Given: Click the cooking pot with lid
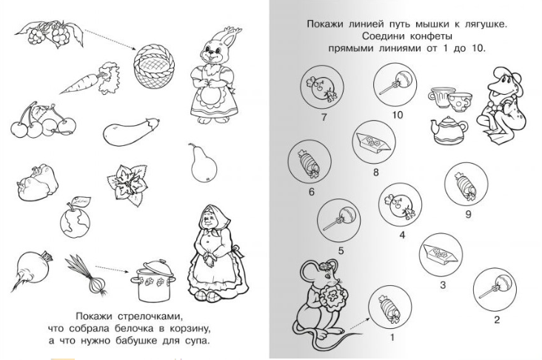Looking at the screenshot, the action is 153,281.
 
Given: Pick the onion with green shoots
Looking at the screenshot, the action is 87,275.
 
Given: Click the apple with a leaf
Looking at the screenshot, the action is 75,218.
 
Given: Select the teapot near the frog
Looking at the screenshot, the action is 449,130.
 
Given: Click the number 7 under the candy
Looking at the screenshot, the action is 324,117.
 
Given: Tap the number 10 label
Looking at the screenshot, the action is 398,115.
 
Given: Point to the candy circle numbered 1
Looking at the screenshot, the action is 389,308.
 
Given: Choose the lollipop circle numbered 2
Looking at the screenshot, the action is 495,289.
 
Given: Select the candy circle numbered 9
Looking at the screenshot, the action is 466,185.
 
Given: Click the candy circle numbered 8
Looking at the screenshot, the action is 375,142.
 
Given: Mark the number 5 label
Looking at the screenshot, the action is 341,250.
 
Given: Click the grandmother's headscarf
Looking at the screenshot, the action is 209,216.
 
